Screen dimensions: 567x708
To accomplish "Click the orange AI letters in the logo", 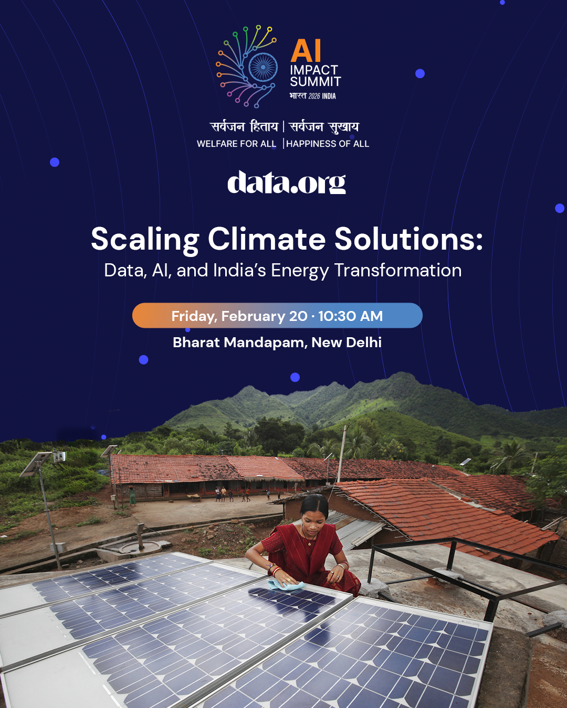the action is (x=306, y=51).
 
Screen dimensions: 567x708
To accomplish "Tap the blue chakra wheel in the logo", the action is (x=263, y=67).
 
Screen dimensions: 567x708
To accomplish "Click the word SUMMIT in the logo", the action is (x=316, y=82).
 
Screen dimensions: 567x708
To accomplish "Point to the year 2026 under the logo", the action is (x=314, y=96).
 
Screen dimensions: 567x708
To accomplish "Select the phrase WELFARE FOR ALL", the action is (x=236, y=144).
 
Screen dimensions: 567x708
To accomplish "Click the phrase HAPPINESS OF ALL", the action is (x=328, y=144).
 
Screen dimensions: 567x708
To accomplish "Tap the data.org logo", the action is (x=286, y=183).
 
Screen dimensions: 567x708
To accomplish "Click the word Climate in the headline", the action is (x=267, y=239).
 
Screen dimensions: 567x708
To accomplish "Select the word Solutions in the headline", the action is (x=408, y=239).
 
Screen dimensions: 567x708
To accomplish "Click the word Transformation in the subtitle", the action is (x=397, y=271).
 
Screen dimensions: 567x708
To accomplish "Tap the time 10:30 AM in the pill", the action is (x=351, y=316).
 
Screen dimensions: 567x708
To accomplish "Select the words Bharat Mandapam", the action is (x=238, y=342).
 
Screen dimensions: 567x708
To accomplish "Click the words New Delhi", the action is (x=346, y=342).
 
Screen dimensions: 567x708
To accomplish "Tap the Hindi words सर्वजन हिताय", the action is (x=244, y=127).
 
